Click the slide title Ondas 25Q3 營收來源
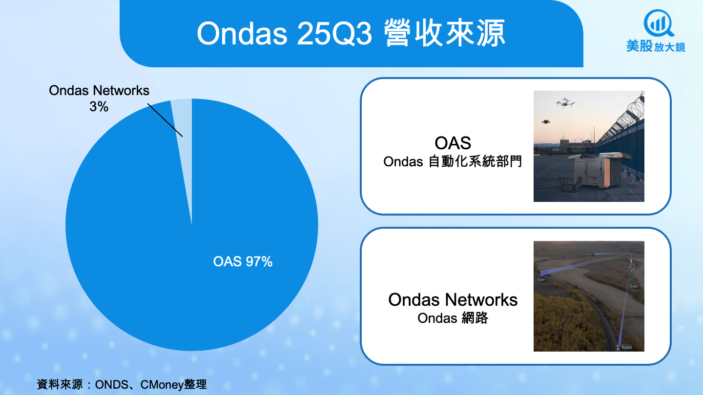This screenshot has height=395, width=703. [351, 33]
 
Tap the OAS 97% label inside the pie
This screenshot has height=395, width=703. [243, 262]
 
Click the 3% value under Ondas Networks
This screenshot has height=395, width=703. [99, 107]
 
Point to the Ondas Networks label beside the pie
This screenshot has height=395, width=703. [99, 91]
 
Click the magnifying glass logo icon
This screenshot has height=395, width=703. [658, 23]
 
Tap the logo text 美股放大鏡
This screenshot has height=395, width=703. [656, 46]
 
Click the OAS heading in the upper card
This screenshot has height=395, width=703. [453, 143]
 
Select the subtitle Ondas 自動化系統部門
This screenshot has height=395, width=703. [453, 161]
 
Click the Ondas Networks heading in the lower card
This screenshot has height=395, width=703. [453, 299]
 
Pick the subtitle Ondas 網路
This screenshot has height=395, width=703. [453, 318]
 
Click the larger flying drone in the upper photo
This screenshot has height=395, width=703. [565, 103]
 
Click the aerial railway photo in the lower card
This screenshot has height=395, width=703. [589, 296]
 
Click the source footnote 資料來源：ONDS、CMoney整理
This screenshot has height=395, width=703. [122, 384]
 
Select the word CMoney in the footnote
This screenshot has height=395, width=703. [162, 384]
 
